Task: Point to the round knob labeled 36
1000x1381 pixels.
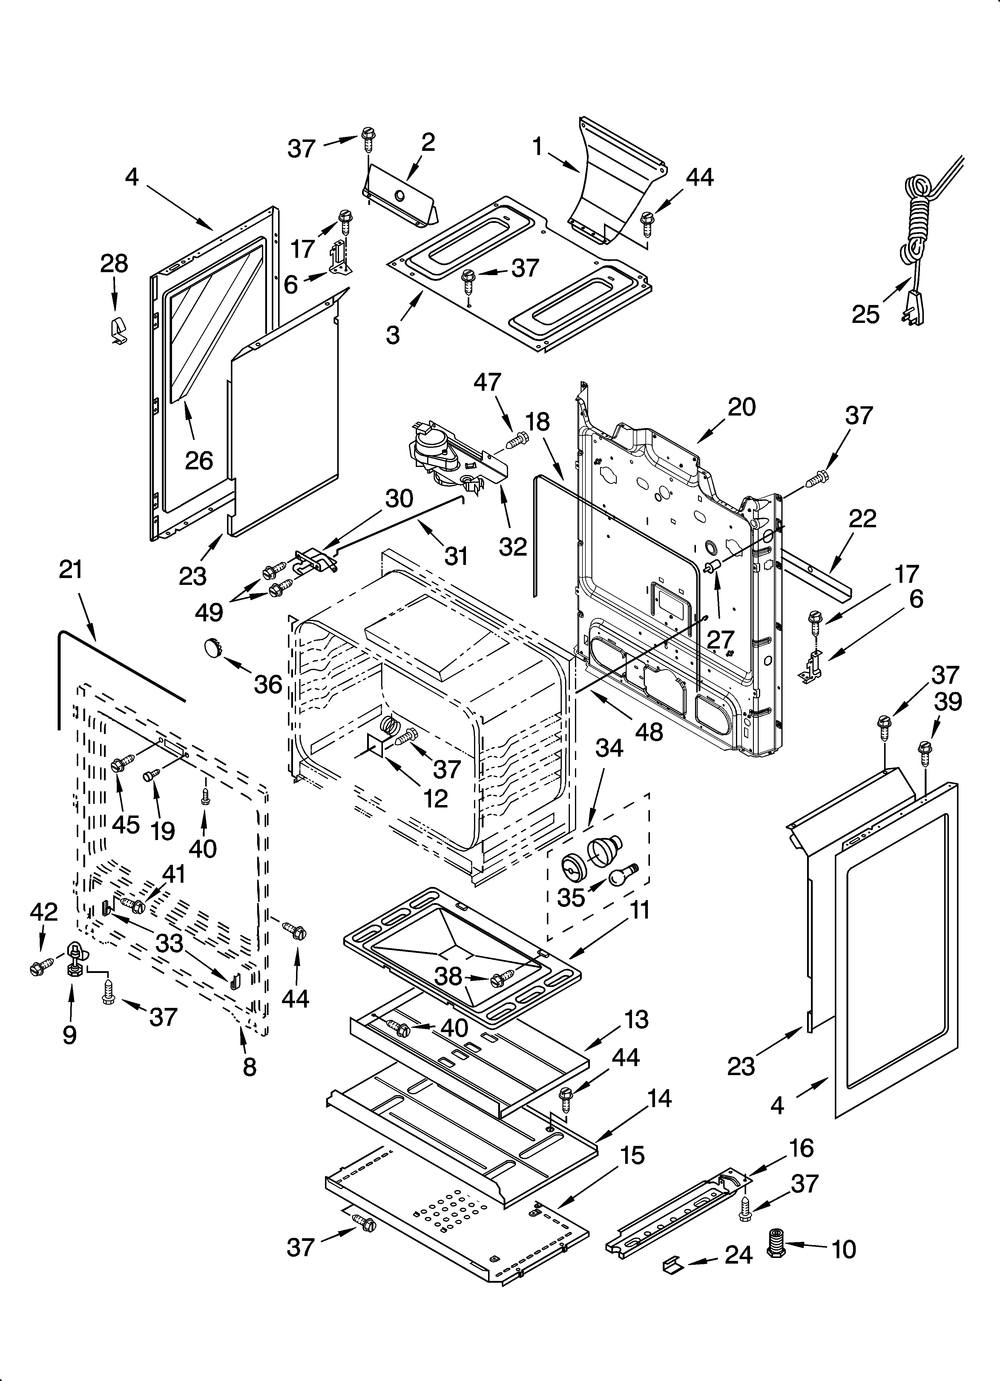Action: click(x=212, y=647)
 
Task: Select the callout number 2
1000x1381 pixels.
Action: click(x=428, y=142)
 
